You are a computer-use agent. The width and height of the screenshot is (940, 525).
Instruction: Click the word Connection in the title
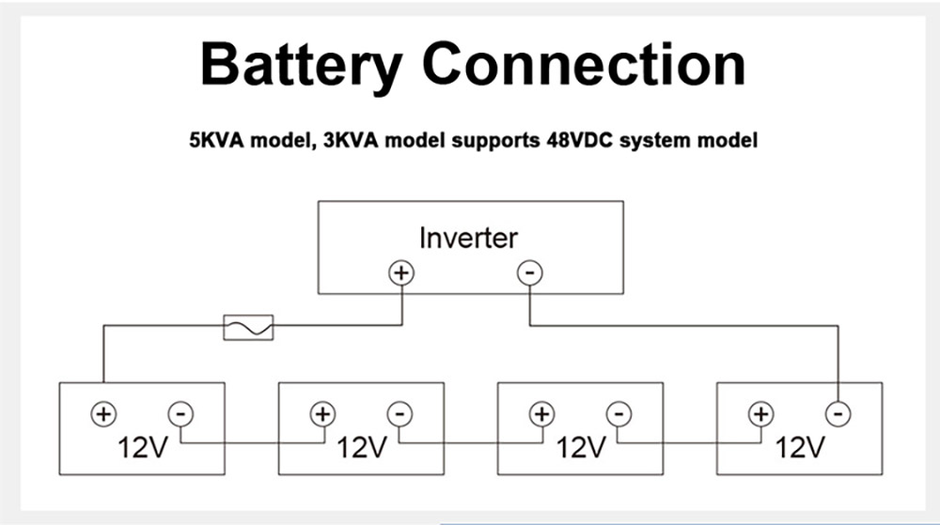(x=585, y=63)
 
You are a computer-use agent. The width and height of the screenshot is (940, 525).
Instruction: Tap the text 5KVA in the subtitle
(x=216, y=140)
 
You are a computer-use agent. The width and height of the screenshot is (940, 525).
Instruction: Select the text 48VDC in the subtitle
(x=579, y=140)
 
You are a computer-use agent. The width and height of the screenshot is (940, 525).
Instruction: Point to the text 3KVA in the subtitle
(x=351, y=140)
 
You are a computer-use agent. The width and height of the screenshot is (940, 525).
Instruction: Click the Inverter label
(x=468, y=238)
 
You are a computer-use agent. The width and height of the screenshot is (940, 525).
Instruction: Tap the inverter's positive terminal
(x=401, y=273)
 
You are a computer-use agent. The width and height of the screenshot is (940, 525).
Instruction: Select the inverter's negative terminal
(x=530, y=273)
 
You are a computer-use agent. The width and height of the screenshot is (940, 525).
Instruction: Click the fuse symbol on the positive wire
(x=248, y=328)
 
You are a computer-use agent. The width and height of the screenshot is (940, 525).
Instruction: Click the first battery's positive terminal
(x=103, y=413)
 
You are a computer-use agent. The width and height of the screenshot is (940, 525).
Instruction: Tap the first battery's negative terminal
(x=180, y=413)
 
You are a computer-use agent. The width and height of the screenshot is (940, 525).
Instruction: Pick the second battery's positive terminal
(x=323, y=413)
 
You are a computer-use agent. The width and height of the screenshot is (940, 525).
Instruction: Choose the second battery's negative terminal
(x=399, y=413)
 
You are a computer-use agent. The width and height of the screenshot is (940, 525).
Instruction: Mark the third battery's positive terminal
(x=542, y=413)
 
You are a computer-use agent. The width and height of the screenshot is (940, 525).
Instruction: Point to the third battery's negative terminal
(x=619, y=413)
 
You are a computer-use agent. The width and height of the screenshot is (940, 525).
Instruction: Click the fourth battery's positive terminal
(x=761, y=413)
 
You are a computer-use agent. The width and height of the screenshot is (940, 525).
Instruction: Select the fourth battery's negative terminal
(x=838, y=413)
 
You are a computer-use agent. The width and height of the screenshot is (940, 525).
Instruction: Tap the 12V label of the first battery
(x=143, y=447)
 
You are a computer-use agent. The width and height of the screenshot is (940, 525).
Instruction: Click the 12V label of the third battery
(x=582, y=447)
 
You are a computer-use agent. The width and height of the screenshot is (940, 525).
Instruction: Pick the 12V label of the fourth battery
(x=800, y=447)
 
